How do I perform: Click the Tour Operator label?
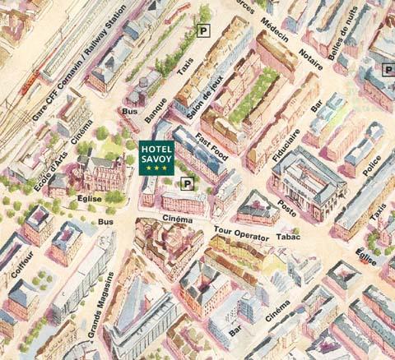(241, 232)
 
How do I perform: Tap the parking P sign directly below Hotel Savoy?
(187, 183)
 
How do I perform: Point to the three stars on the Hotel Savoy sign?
(156, 168)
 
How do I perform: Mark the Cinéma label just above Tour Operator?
(178, 219)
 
